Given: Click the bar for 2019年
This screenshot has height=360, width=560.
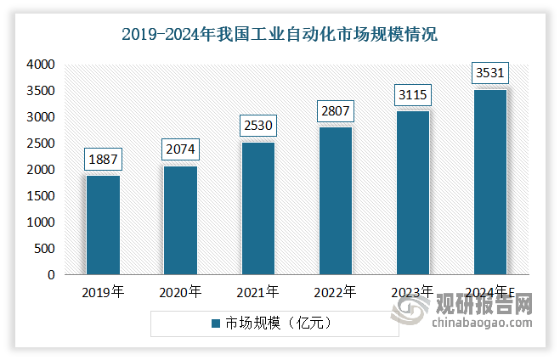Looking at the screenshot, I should (x=103, y=225).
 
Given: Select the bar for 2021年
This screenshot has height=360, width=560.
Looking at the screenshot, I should (x=257, y=208).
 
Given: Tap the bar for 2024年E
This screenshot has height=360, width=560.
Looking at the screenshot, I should (x=489, y=182).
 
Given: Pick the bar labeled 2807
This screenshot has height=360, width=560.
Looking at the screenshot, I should (x=335, y=200).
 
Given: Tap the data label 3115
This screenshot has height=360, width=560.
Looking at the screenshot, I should (x=412, y=94).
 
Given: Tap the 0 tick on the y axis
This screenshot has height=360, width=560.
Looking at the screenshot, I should (x=51, y=275).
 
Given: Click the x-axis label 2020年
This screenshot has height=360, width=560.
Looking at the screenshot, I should (x=180, y=292).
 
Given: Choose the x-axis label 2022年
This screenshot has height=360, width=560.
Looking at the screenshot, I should (x=335, y=292).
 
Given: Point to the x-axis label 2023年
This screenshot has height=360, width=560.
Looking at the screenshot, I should (x=412, y=292).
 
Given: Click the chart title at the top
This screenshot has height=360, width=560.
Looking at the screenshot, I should (x=280, y=35).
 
